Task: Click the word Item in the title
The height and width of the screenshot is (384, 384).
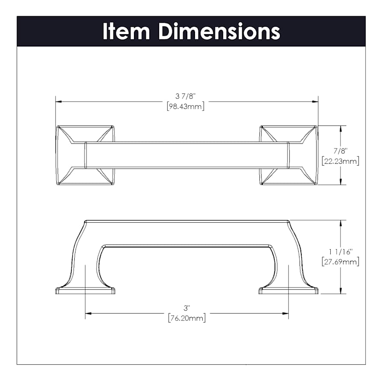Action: click(x=126, y=31)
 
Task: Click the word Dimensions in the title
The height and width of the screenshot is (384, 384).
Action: click(x=219, y=31)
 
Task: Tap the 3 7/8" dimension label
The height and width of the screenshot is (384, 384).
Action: click(x=186, y=96)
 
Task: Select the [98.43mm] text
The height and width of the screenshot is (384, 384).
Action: click(x=186, y=107)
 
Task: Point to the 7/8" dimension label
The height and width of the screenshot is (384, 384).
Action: click(x=340, y=151)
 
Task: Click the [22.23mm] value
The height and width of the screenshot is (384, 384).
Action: click(x=340, y=161)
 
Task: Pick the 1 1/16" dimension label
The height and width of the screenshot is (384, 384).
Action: click(x=340, y=251)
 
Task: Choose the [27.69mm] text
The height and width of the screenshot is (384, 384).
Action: click(x=340, y=262)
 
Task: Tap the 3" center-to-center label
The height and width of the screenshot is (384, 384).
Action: click(x=187, y=308)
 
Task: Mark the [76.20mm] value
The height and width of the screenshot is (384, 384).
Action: click(x=187, y=318)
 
